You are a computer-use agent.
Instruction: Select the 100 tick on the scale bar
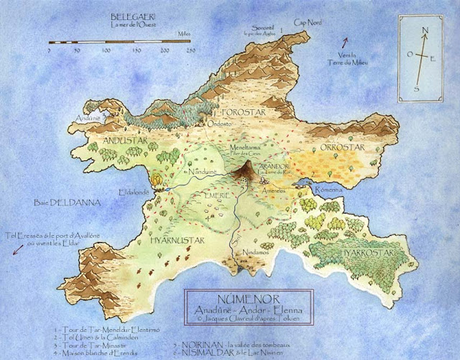click(106, 52)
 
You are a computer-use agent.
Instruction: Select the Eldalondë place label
click(135, 192)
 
